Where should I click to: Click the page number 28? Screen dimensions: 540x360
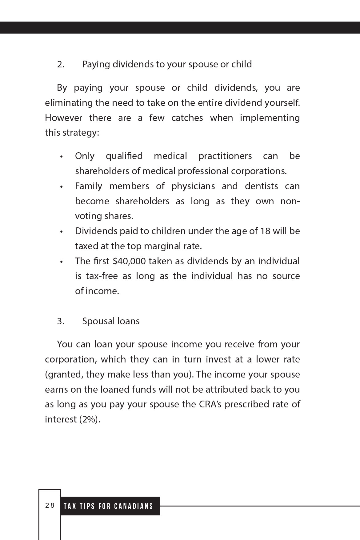pyautogui.click(x=50, y=505)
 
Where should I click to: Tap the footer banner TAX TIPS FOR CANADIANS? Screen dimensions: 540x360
pyautogui.click(x=108, y=506)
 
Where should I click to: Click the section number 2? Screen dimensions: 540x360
pyautogui.click(x=61, y=64)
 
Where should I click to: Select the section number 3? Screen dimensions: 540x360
pyautogui.click(x=61, y=321)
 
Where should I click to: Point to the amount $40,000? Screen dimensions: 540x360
pyautogui.click(x=129, y=261)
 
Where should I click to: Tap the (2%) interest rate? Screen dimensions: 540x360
pyautogui.click(x=90, y=419)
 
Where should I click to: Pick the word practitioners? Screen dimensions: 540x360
pyautogui.click(x=225, y=156)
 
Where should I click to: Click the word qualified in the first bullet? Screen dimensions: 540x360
pyautogui.click(x=124, y=156)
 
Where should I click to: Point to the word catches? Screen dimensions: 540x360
pyautogui.click(x=187, y=118)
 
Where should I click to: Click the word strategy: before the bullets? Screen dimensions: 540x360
pyautogui.click(x=81, y=133)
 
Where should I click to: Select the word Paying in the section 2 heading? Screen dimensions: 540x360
pyautogui.click(x=96, y=64)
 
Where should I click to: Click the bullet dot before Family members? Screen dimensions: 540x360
pyautogui.click(x=62, y=187)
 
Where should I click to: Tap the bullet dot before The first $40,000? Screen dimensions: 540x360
pyautogui.click(x=62, y=262)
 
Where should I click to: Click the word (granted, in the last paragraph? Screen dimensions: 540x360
pyautogui.click(x=64, y=374)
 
